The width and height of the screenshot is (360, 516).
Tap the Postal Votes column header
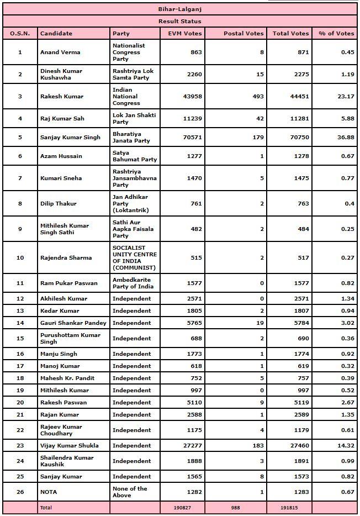pos(243,34)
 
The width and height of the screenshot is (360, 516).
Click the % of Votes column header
pos(336,34)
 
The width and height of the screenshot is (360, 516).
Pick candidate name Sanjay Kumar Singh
pos(71,137)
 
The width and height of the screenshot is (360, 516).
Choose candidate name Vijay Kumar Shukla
pos(70,445)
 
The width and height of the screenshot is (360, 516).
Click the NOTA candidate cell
pos(49,492)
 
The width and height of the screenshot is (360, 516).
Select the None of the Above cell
pos(130,492)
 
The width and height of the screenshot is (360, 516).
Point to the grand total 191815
pos(290,507)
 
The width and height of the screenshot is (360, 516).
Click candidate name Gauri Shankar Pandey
pos(73,323)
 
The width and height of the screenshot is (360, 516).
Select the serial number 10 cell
pos(20,257)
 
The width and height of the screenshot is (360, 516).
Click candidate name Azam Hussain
pos(61,156)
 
